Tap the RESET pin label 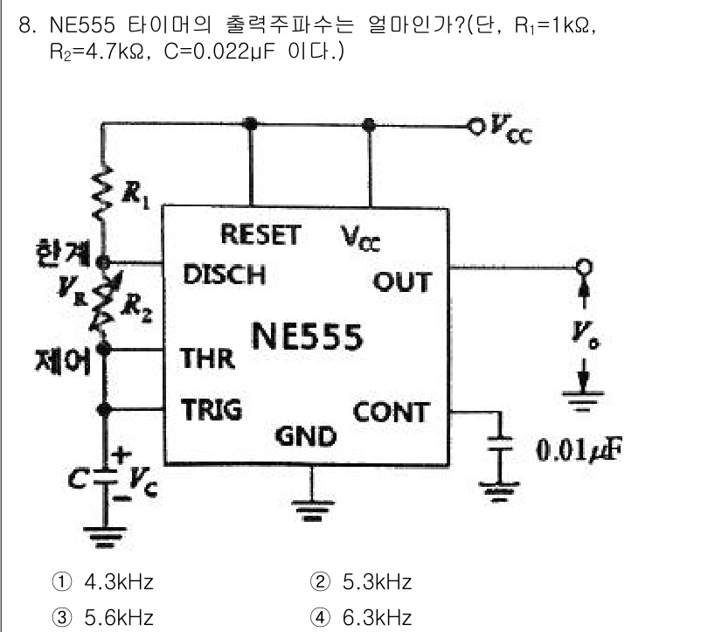(x=260, y=235)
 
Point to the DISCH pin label (x=224, y=274)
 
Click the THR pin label (x=207, y=358)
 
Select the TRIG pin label (x=212, y=409)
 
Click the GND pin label (x=306, y=435)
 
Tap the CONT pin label (x=391, y=412)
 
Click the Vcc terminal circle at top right (x=475, y=125)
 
